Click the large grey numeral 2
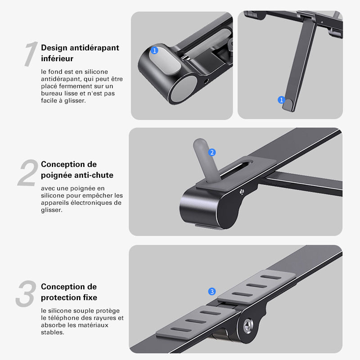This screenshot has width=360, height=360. pos(28,172)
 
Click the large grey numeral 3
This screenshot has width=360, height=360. pos(26,294)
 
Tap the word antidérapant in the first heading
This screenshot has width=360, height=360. pos(94,48)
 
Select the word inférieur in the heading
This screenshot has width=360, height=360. pos(57,58)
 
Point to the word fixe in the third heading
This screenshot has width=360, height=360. pos(90,297)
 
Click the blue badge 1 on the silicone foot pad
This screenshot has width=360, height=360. pos(154,50)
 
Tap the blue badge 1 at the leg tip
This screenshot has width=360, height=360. pos(281,100)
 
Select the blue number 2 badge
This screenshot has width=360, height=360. pos(212,152)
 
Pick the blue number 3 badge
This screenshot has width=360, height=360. pos(212,291)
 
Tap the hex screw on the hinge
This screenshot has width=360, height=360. pos(248,325)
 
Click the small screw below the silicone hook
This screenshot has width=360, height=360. pos(242,192)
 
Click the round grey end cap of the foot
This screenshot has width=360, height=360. pos(184,89)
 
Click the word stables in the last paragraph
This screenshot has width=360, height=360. pos(52,332)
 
